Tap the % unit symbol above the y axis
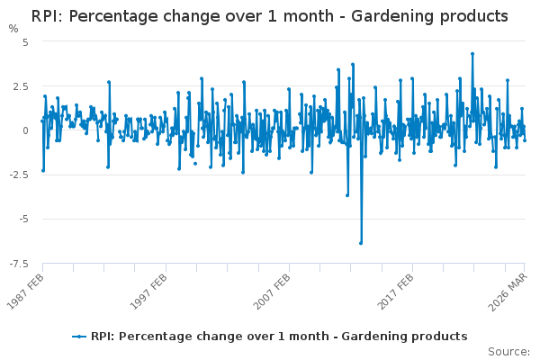point(13,29)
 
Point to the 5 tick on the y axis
point(26,41)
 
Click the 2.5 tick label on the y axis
point(21,85)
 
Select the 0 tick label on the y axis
point(26,130)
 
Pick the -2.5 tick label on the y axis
point(19,175)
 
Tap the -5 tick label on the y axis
point(23,219)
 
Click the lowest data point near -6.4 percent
point(361,243)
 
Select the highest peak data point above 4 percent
point(472,53)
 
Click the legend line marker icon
point(80,337)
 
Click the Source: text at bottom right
point(509,351)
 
